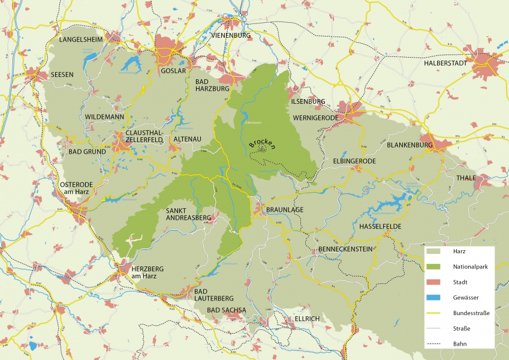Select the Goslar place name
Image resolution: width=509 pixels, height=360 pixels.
coord(174,70)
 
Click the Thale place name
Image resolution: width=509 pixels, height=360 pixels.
coord(466,178)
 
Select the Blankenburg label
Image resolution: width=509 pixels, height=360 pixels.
coord(410,145)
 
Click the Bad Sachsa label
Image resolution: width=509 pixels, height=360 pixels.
coord(227,310)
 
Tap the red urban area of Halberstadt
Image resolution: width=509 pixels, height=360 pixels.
coord(487,65)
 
